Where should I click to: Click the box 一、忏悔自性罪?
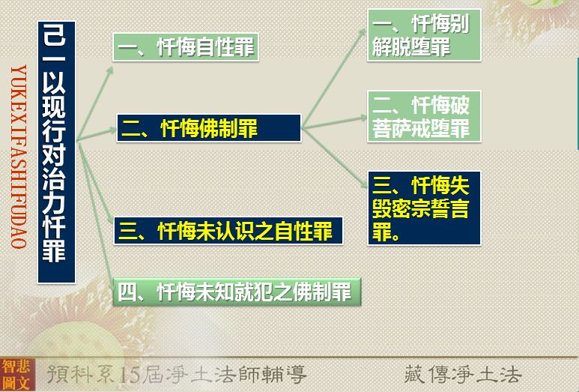pos(185,47)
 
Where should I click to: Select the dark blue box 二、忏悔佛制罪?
pos(209,128)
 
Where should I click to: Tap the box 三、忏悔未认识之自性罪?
pos(228,231)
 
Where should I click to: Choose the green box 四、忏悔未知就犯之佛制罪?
pos(237,292)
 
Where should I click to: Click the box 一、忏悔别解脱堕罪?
pos(424,35)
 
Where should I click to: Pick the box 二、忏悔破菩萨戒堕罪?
pos(424,116)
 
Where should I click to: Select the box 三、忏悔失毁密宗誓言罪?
pos(424,208)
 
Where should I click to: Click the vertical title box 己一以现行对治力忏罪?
pos(56,152)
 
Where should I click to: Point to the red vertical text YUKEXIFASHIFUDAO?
pos(19,157)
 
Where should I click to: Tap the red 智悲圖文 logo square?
pos(17,375)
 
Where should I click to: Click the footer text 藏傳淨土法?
pos(463,374)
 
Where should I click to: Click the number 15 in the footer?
pos(130,375)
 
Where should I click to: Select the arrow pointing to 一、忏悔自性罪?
pos(95,103)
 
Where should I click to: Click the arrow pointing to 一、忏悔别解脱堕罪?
pos(334,79)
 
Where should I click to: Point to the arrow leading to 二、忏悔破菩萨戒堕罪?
pos(334,123)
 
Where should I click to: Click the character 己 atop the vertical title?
pos(54,35)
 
